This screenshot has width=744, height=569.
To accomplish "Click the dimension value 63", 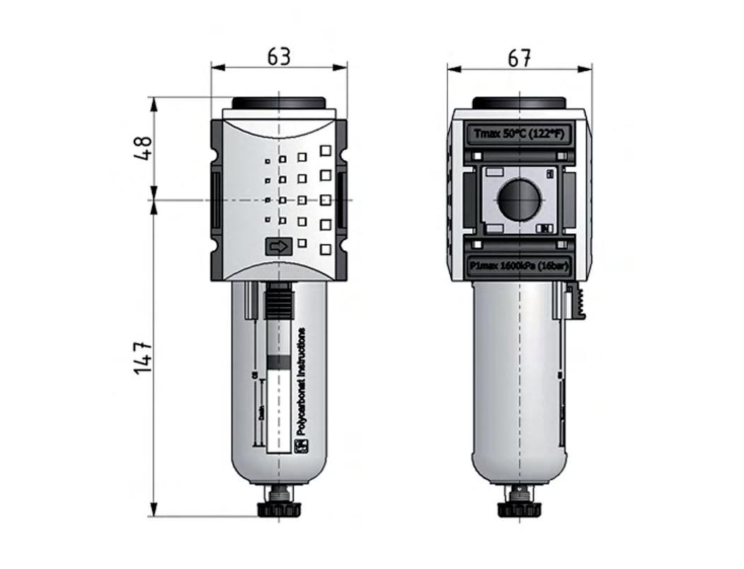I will [x=279, y=57].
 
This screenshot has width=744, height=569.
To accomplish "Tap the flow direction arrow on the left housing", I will [x=278, y=247].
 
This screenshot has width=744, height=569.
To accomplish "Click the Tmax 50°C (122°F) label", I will [x=519, y=133].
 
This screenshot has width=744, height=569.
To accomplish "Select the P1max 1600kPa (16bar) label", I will [x=519, y=265].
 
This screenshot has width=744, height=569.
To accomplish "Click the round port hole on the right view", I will [x=518, y=199].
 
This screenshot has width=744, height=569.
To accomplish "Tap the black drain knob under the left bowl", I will [x=279, y=509].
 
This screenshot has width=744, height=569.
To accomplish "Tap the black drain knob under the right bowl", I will [x=520, y=509].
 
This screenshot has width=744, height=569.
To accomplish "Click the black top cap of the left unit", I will [x=279, y=103].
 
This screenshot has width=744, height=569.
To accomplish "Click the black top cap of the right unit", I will [x=519, y=103].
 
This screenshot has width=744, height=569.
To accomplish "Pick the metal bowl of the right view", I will [x=519, y=383].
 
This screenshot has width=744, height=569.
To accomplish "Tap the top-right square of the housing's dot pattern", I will [x=326, y=150].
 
